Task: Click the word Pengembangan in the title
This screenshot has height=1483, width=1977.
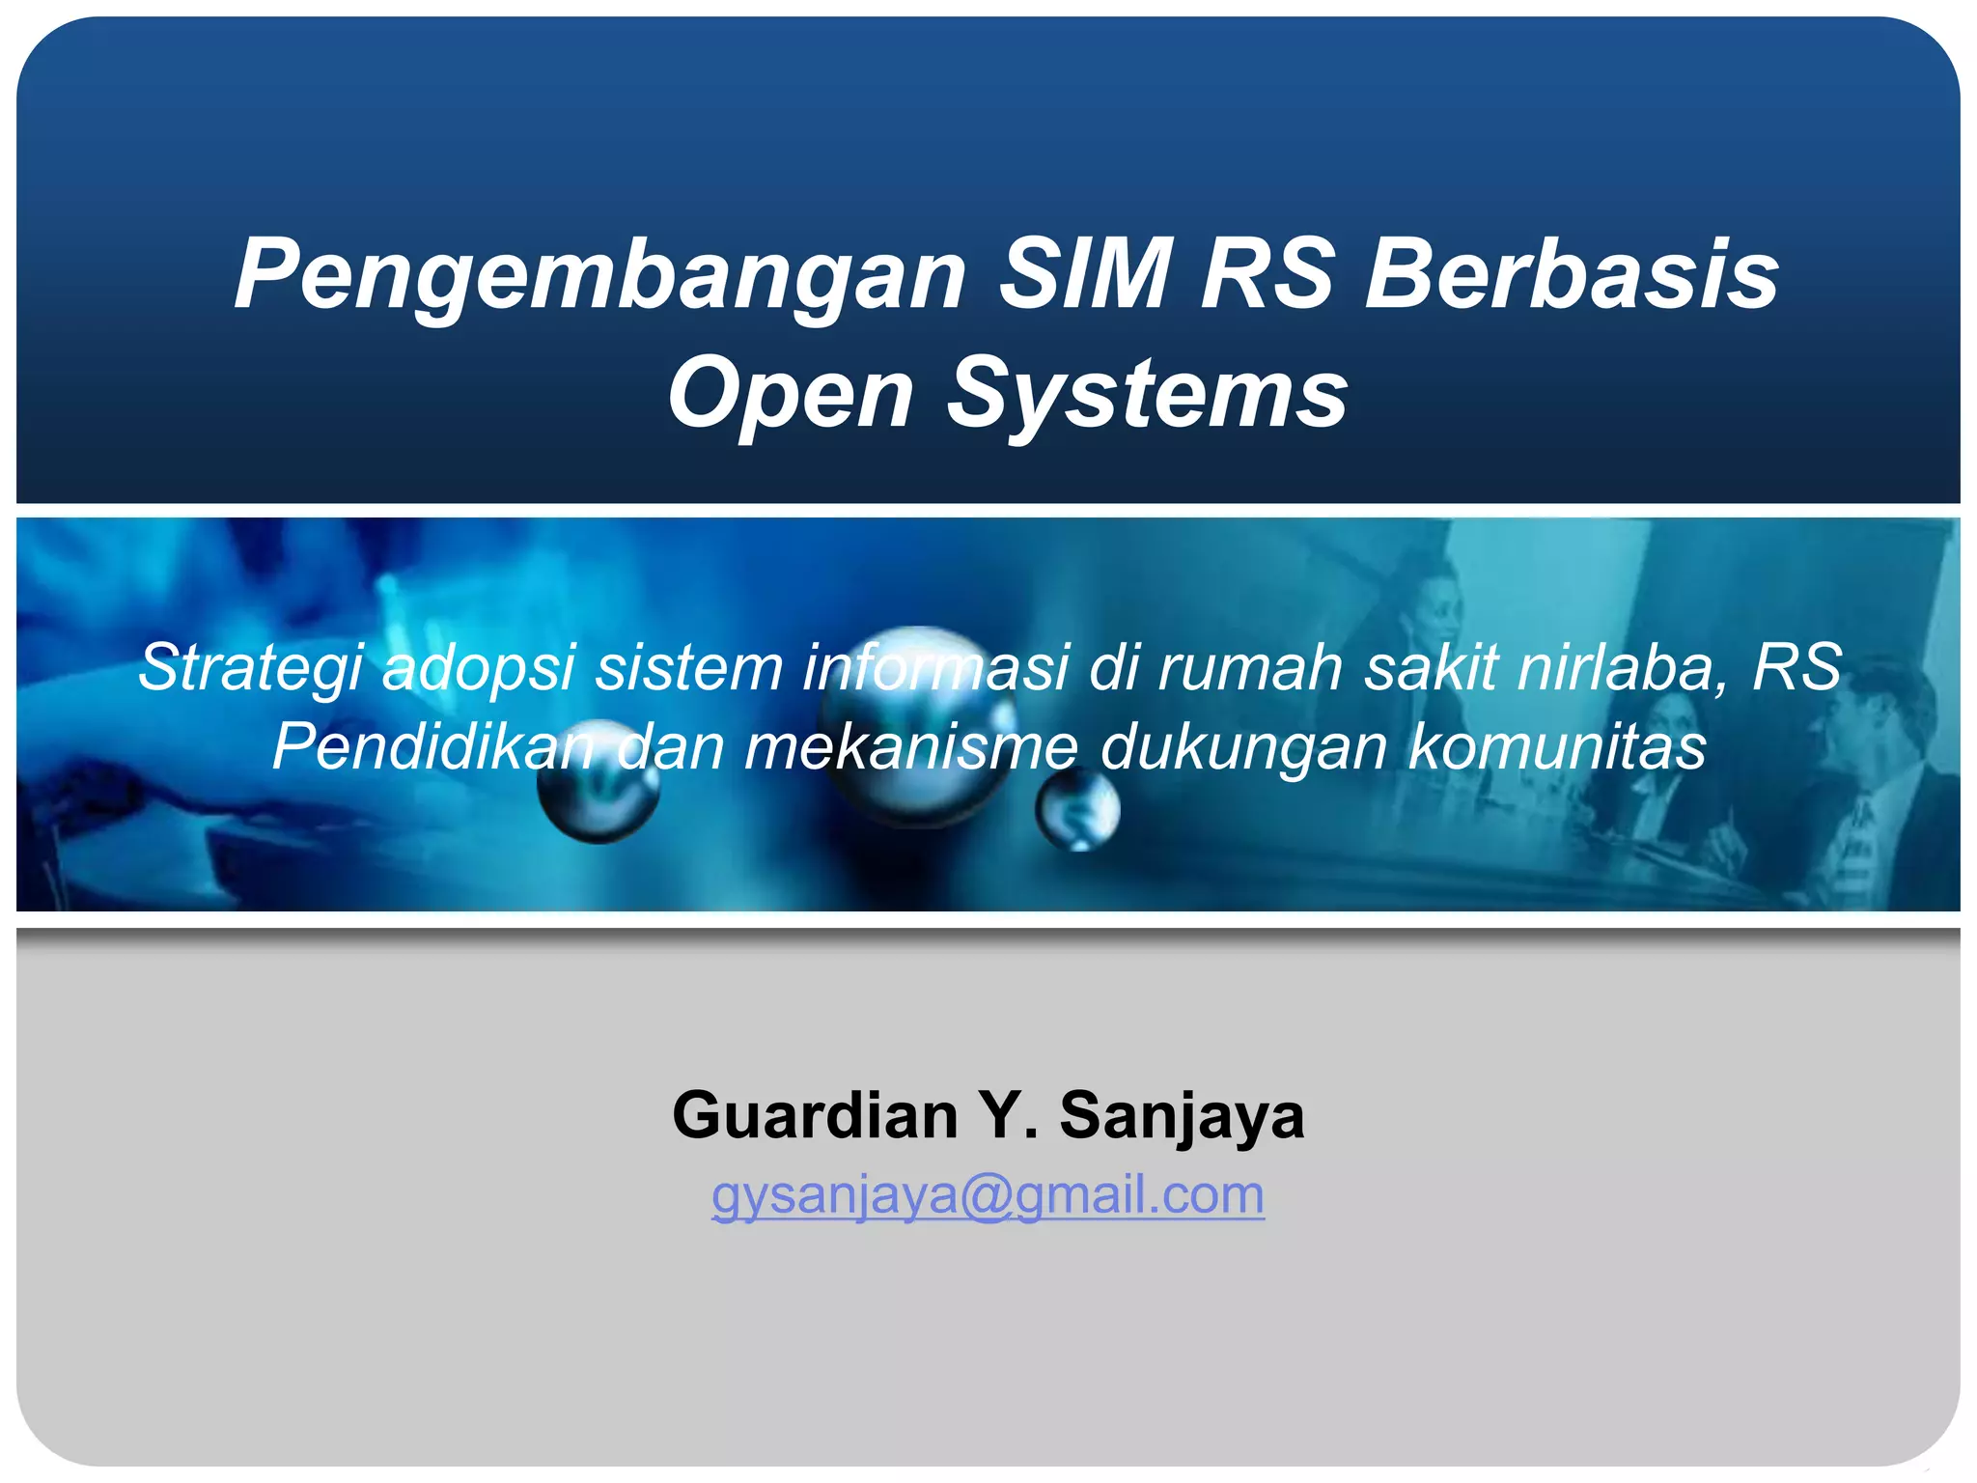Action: click(599, 277)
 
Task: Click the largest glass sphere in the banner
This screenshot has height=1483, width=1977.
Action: click(917, 724)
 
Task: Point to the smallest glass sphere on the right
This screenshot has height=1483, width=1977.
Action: click(1077, 809)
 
